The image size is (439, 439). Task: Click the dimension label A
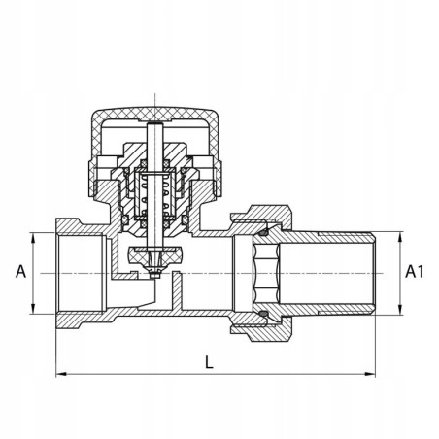pyautogui.click(x=21, y=271)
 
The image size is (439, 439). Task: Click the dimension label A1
pyautogui.click(x=415, y=271)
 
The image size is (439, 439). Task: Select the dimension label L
pyautogui.click(x=210, y=362)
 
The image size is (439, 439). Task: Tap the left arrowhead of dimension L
pyautogui.click(x=61, y=374)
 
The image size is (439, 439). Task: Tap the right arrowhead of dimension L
pyautogui.click(x=370, y=374)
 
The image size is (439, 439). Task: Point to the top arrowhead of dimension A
pyautogui.click(x=33, y=238)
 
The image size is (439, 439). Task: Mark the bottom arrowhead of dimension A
pyautogui.click(x=33, y=308)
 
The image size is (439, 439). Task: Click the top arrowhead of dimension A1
pyautogui.click(x=400, y=237)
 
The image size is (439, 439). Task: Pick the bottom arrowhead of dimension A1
pyautogui.click(x=400, y=309)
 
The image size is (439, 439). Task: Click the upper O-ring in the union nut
pyautogui.click(x=265, y=232)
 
